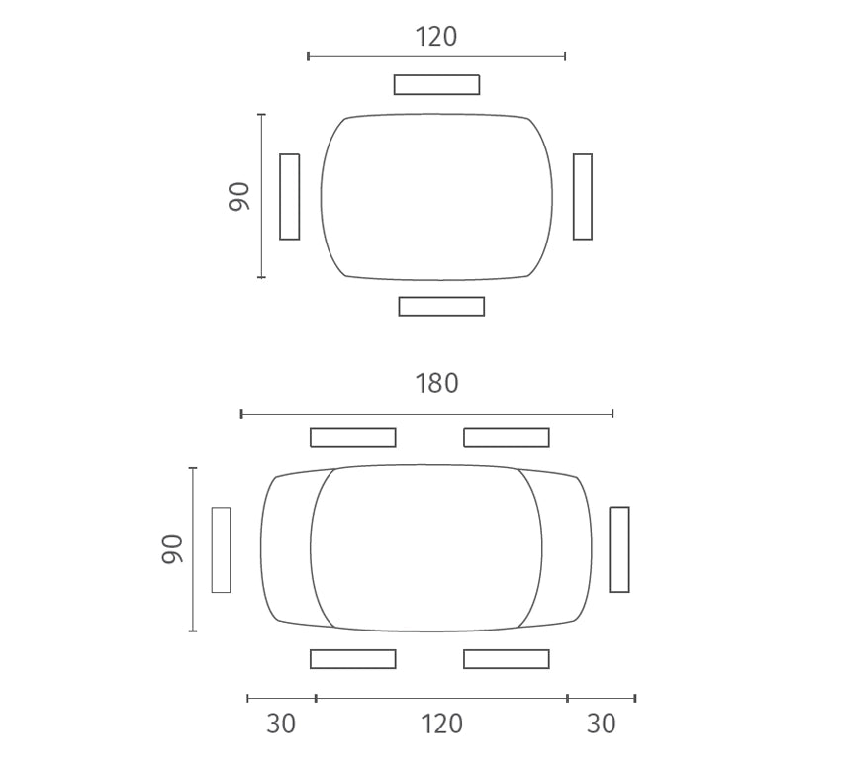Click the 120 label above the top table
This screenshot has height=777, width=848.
436,37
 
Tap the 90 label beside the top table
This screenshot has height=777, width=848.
239,196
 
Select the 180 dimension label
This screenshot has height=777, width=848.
436,384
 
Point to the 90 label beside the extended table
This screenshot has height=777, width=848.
172,549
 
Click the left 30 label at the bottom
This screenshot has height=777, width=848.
281,724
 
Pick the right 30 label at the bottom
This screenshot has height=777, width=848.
602,724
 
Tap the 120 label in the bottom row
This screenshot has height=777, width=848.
441,724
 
